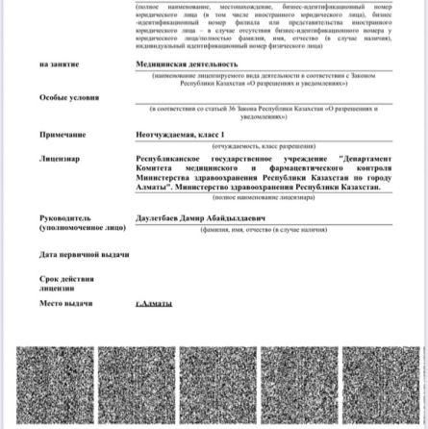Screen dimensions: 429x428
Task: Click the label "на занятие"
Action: click(59, 64)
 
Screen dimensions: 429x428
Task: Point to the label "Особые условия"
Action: click(69, 98)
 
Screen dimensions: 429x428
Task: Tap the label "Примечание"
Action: click(63, 135)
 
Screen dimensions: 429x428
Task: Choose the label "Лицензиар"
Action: click(60, 158)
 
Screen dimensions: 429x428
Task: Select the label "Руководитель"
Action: click(65, 218)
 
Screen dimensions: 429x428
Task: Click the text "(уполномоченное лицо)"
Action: click(82, 228)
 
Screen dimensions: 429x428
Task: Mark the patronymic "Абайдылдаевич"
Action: click(238, 218)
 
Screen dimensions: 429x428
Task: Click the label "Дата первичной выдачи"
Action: click(85, 255)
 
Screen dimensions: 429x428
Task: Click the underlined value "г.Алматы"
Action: click(154, 304)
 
